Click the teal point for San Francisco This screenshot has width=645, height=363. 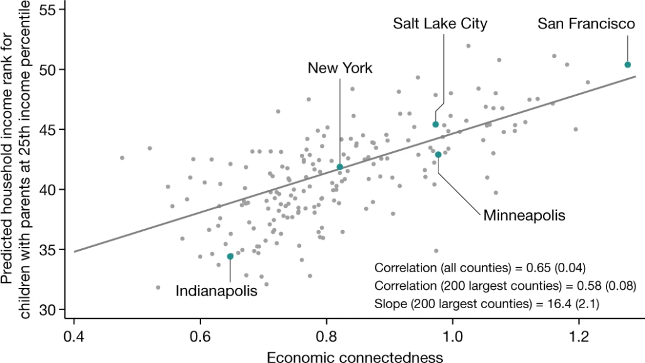coord(627,64)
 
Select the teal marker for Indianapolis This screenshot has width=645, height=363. coord(230,256)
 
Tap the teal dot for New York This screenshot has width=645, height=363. coord(340,167)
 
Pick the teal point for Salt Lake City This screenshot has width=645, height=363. coord(435,124)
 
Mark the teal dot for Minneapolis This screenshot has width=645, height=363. coord(438,154)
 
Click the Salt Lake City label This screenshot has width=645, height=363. coord(440,24)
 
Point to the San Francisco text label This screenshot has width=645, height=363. coord(586,24)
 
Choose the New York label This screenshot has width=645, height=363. coord(340,68)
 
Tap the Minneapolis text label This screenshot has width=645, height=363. coord(524,216)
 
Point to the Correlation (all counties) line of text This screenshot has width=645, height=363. coord(481,266)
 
